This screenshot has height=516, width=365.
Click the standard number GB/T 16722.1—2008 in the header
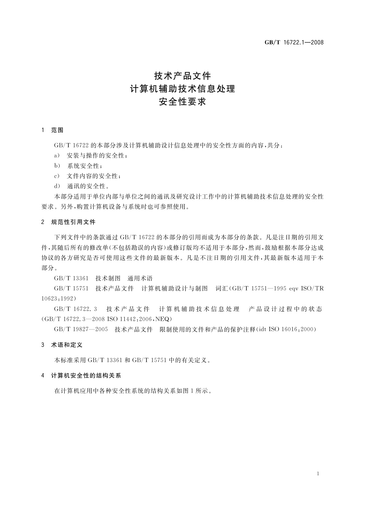[294, 43]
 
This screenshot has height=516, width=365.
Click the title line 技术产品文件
[182, 75]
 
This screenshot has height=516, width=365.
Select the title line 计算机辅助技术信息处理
[182, 89]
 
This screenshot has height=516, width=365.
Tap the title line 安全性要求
[182, 102]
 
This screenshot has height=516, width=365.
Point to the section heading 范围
[57, 130]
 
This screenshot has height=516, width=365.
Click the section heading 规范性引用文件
[73, 222]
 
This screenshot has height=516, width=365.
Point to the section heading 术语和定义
[67, 345]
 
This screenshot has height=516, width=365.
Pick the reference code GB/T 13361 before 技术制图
[71, 279]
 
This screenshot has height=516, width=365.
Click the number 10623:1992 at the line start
[58, 298]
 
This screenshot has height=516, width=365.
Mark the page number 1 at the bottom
[318, 474]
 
